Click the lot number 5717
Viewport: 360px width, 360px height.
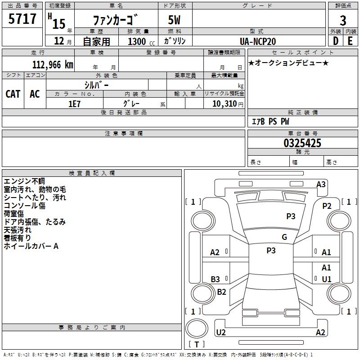[22, 19]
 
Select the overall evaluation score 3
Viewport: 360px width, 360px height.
[343, 21]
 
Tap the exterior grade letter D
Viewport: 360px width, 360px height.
[335, 40]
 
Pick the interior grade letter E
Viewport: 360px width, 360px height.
[350, 40]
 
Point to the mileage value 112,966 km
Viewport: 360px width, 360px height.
[53, 64]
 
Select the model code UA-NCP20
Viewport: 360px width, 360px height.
[258, 41]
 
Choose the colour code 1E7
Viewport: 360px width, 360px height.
[74, 103]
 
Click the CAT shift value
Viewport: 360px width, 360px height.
[13, 94]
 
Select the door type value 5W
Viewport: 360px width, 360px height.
[175, 20]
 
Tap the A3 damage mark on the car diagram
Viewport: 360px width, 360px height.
[321, 184]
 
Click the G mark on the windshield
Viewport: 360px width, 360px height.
[284, 237]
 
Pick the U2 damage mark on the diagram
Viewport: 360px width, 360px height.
[221, 333]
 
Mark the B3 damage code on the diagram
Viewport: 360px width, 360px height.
[216, 279]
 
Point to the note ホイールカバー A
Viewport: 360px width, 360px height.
[31, 246]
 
